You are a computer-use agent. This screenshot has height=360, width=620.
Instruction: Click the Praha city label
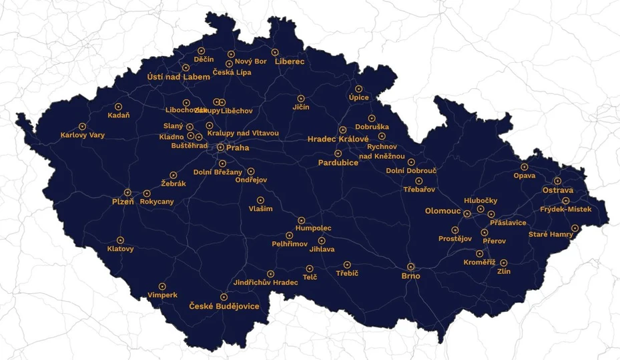point(238,148)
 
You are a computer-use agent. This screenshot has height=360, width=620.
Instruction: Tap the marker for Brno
point(411,266)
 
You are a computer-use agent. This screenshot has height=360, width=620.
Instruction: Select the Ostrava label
point(557,190)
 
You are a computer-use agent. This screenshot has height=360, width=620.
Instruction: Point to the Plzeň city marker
point(127,192)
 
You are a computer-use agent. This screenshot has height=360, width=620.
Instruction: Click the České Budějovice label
point(224,306)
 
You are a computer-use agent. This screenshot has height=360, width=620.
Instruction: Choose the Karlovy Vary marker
point(83,126)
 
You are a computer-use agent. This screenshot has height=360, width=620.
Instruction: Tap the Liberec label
point(290,61)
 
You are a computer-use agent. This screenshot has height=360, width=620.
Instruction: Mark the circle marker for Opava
point(525,167)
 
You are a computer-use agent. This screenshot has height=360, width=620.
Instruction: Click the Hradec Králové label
point(338,140)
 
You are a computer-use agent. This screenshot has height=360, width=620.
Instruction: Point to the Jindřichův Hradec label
point(266,283)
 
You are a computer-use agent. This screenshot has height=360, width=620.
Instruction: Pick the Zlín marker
point(504,262)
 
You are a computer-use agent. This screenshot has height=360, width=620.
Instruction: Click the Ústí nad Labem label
point(178,77)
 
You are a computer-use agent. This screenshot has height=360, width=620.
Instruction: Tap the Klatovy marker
point(121,240)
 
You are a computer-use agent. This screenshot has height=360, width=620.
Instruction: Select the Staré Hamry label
point(551,234)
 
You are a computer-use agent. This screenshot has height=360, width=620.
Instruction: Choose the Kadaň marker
point(119,106)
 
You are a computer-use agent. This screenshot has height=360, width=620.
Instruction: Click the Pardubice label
point(338,162)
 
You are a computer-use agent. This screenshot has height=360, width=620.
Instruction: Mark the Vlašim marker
point(260,200)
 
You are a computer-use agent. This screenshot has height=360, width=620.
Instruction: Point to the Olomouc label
point(442,211)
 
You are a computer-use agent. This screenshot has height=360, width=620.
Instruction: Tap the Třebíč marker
point(347,264)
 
